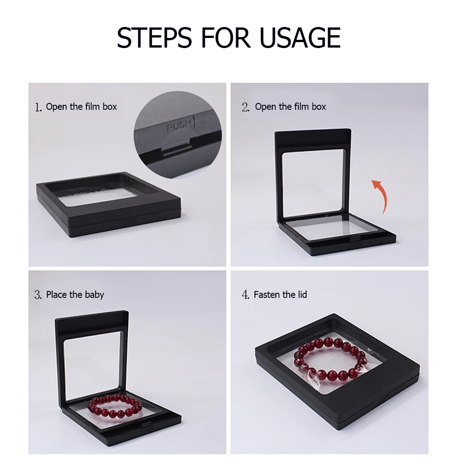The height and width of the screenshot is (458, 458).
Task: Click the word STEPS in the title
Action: click(x=154, y=38)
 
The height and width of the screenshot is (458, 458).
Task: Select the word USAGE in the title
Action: click(x=300, y=38)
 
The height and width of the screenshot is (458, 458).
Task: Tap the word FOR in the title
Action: click(x=226, y=38)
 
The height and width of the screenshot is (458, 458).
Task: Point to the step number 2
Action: click(x=245, y=107)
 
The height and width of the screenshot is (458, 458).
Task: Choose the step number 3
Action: click(x=38, y=295)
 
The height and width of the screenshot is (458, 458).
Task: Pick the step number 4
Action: click(x=245, y=295)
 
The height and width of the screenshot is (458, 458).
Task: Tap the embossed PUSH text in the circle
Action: click(x=179, y=126)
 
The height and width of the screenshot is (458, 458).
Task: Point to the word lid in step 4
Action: click(x=302, y=295)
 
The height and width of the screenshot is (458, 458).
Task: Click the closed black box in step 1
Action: click(x=108, y=205)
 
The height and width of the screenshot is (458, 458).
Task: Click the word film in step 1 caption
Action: click(x=92, y=107)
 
